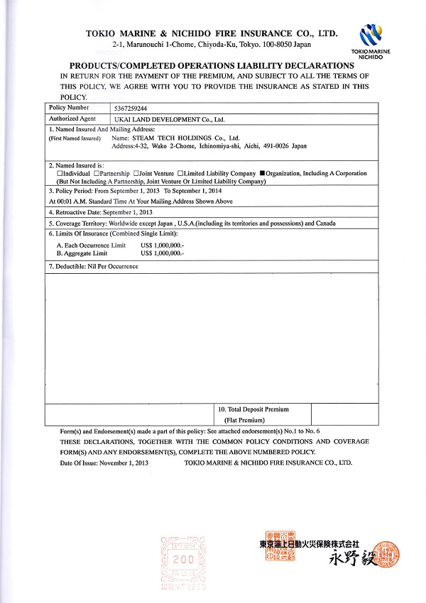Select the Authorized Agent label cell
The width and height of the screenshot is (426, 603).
point(72,119)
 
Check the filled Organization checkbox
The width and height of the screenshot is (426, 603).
point(261,173)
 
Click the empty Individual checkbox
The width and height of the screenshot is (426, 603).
point(60,173)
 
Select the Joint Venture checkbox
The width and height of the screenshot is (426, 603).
point(136,173)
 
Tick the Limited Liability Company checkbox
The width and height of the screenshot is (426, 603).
point(180,173)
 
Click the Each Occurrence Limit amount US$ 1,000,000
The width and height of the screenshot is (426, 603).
point(162,245)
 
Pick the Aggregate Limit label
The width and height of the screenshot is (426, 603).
point(82,253)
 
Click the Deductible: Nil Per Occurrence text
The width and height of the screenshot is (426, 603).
point(93,266)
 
